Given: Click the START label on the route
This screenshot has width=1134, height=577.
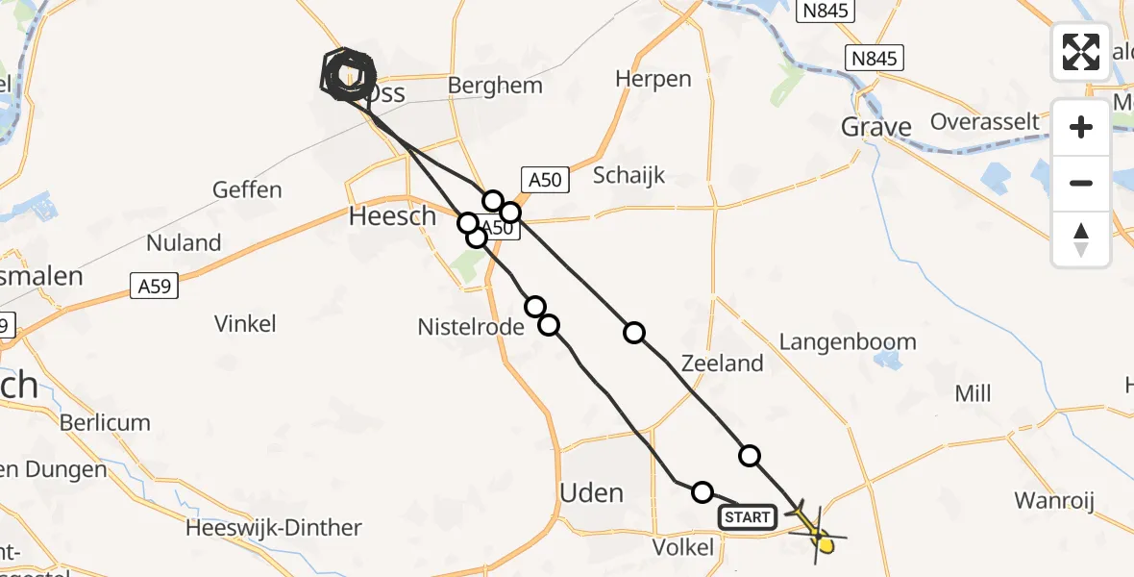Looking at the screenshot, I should pyautogui.click(x=748, y=518).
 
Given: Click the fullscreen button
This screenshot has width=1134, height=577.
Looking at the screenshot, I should pyautogui.click(x=1081, y=52).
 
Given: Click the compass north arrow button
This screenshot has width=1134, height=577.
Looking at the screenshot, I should pyautogui.click(x=1081, y=239).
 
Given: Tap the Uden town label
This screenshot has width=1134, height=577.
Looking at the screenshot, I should pyautogui.click(x=591, y=493).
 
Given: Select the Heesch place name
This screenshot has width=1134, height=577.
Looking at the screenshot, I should pyautogui.click(x=392, y=216).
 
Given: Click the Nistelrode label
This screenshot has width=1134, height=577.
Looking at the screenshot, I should pyautogui.click(x=471, y=327).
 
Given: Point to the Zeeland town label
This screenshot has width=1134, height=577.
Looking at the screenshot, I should pyautogui.click(x=722, y=364).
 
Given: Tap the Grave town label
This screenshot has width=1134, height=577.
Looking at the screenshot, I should pyautogui.click(x=875, y=127).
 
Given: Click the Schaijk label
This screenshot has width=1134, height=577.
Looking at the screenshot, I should pyautogui.click(x=629, y=175).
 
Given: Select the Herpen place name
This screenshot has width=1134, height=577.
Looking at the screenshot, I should pyautogui.click(x=653, y=79).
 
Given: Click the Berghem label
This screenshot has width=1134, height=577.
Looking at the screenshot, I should pyautogui.click(x=495, y=86).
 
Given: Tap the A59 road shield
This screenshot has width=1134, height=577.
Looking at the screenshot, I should pyautogui.click(x=153, y=286).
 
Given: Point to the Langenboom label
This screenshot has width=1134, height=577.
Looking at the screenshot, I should pyautogui.click(x=848, y=342).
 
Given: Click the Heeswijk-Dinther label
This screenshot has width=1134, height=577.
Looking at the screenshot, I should pyautogui.click(x=274, y=528).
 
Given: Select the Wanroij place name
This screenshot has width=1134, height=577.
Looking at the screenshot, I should pyautogui.click(x=1054, y=500).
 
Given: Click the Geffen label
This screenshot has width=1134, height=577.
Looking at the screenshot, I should pyautogui.click(x=249, y=189).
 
